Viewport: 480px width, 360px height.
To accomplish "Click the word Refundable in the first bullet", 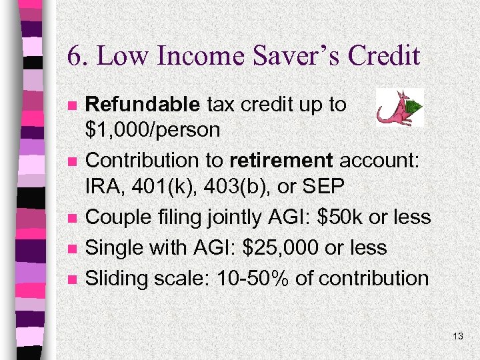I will pyautogui.click(x=143, y=105).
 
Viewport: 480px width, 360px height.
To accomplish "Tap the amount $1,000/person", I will pyautogui.click(x=153, y=129).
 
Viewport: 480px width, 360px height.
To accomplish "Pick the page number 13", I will pyautogui.click(x=457, y=336).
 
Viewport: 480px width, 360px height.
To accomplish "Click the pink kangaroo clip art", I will pyautogui.click(x=399, y=107).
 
